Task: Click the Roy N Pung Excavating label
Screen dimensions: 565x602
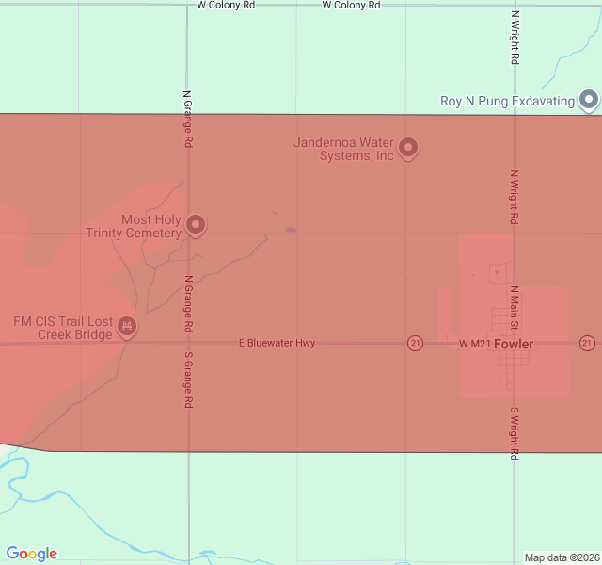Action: click(507, 101)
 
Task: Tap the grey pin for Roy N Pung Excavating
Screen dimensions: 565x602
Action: click(589, 99)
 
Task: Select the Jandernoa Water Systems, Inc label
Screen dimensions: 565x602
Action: click(343, 149)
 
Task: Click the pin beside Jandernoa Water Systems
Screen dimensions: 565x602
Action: click(408, 147)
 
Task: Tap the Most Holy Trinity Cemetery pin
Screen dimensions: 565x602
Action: click(196, 224)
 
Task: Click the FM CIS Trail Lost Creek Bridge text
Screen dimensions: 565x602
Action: click(63, 328)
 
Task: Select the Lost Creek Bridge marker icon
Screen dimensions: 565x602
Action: click(127, 327)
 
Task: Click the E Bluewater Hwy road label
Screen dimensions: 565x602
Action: click(277, 344)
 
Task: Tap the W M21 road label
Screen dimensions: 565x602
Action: click(475, 345)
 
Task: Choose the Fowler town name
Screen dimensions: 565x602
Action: click(514, 345)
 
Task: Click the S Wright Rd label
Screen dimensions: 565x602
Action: click(515, 433)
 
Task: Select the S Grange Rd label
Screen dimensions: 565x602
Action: click(189, 379)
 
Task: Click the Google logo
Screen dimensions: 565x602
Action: click(31, 554)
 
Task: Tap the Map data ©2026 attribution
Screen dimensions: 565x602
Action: click(562, 557)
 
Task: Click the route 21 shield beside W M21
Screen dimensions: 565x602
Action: click(415, 343)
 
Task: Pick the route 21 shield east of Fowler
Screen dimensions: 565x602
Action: click(587, 343)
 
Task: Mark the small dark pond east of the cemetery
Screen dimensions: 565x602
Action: click(291, 229)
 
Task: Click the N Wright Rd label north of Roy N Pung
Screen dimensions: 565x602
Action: click(515, 38)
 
